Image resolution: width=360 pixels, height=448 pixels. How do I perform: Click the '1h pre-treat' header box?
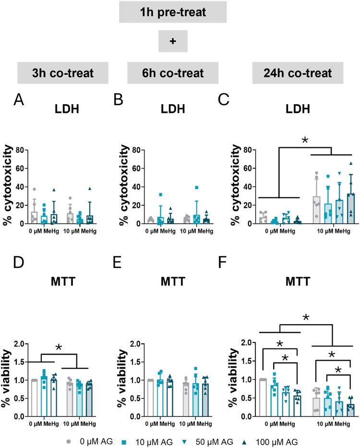coord(172,12)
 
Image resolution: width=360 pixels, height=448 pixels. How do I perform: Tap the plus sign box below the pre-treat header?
coord(173,41)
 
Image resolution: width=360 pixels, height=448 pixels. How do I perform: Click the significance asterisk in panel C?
coord(304,141)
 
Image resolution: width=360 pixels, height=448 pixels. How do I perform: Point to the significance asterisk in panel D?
coord(59,348)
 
